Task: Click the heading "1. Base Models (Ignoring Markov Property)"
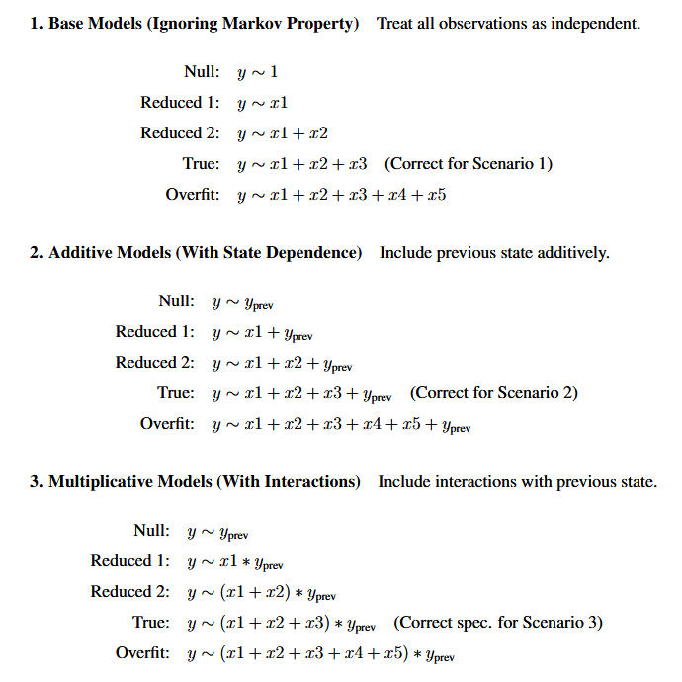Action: pyautogui.click(x=194, y=23)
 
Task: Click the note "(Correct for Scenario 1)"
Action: pyautogui.click(x=469, y=164)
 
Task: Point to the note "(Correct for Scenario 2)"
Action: pyautogui.click(x=493, y=393)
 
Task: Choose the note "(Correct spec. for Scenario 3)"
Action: pyautogui.click(x=497, y=623)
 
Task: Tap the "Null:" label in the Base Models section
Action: pyautogui.click(x=201, y=72)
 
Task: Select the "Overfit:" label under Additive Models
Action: pyautogui.click(x=168, y=424)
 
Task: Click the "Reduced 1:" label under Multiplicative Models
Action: pyautogui.click(x=130, y=561)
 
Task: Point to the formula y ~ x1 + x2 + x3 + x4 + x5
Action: pyautogui.click(x=341, y=195)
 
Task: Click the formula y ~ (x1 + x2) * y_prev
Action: pyautogui.click(x=262, y=593)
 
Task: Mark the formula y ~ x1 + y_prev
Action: pyautogui.click(x=263, y=333)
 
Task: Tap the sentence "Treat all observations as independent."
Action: pyautogui.click(x=508, y=23)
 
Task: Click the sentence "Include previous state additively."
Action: pyautogui.click(x=494, y=253)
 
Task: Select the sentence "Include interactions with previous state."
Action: pyautogui.click(x=517, y=482)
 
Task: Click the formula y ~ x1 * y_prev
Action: pyautogui.click(x=235, y=562)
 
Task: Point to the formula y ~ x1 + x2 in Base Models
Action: pyautogui.click(x=283, y=133)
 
